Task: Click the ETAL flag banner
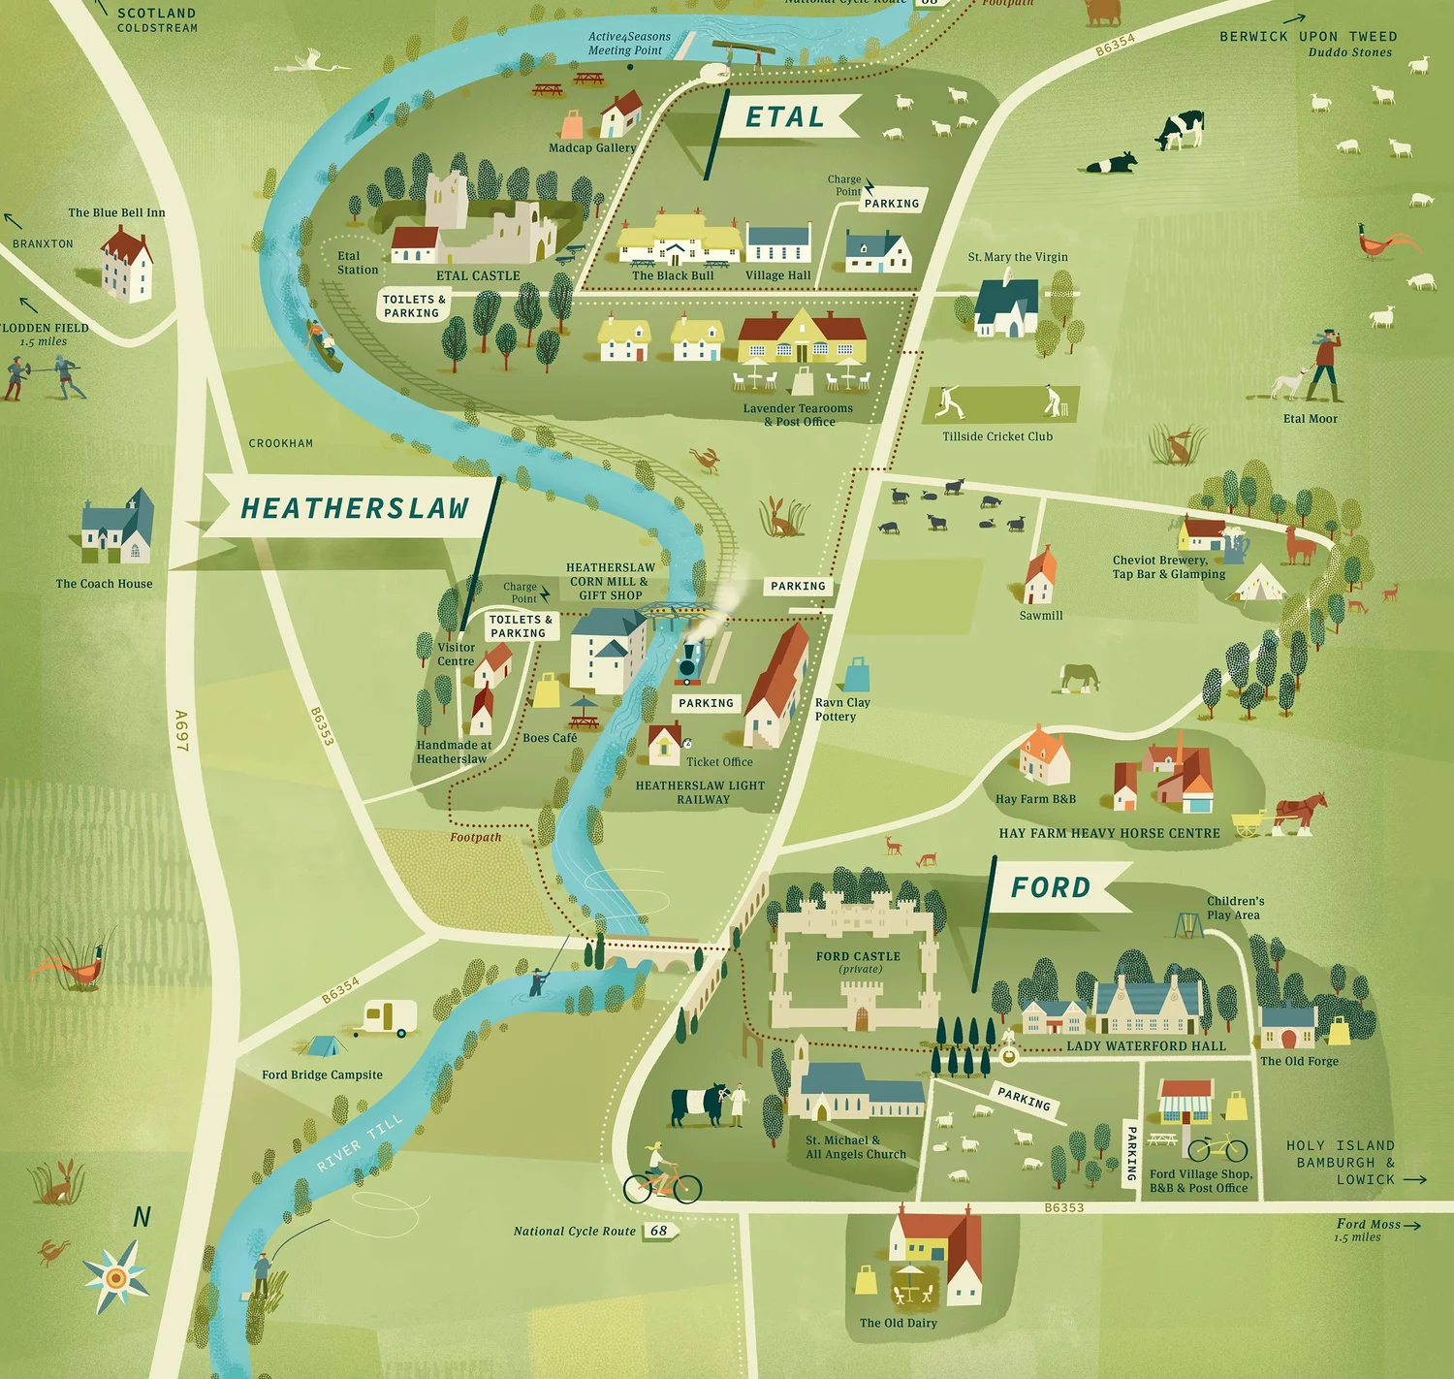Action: click(787, 117)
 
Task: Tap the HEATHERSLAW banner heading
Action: click(354, 508)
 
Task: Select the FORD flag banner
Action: click(1053, 887)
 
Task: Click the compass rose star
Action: click(116, 1276)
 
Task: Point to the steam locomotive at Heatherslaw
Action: click(690, 661)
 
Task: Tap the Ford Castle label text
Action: click(858, 956)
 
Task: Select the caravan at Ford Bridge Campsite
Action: click(388, 1017)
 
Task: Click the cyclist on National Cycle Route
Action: click(661, 1175)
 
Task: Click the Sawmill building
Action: click(1040, 578)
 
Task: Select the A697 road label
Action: click(181, 730)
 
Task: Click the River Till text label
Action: click(360, 1142)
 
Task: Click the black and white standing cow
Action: click(1180, 130)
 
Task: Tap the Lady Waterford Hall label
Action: click(1146, 1046)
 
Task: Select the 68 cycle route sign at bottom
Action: click(659, 1231)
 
